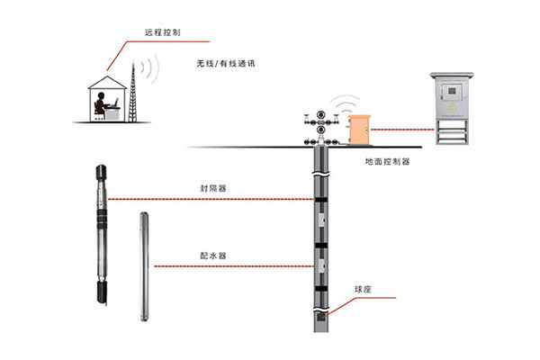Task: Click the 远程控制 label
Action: (161, 32)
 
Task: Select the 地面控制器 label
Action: (387, 162)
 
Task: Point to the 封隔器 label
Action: (213, 189)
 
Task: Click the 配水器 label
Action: (213, 256)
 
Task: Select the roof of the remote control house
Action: (106, 81)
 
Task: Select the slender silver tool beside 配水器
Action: (143, 265)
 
